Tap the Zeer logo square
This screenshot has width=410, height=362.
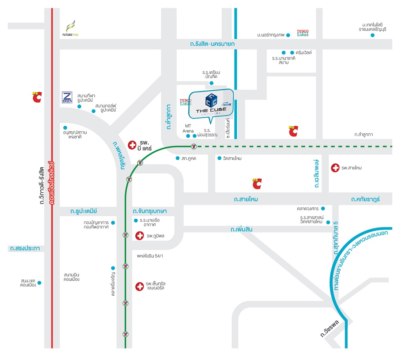pos(67,97)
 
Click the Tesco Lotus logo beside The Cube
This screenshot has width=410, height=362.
pos(186,102)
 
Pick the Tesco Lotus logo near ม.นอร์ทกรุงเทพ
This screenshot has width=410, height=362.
pos(303,33)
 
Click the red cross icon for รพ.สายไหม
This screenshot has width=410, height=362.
pos(335,168)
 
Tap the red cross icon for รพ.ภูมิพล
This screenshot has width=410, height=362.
pos(140,236)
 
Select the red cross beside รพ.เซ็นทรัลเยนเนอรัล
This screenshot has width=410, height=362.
pos(140,286)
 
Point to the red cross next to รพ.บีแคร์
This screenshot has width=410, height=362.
pos(132,145)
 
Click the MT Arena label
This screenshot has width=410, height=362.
pos(188,128)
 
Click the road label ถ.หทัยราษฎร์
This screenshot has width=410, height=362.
pos(365,199)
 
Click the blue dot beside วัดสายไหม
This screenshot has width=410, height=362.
pos(219,158)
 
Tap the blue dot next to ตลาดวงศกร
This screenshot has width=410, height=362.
pos(323,208)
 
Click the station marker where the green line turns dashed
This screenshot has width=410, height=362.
pos(194,146)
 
